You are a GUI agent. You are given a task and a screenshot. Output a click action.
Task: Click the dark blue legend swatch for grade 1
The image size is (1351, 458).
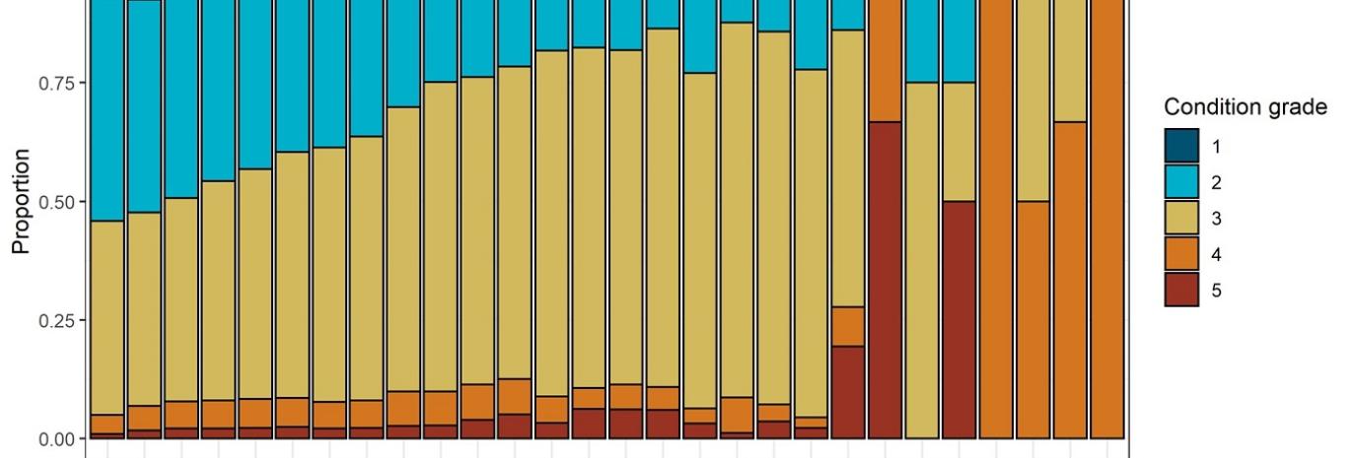click(x=1181, y=147)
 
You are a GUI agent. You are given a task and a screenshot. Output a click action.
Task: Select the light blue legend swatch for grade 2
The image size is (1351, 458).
click(x=1181, y=182)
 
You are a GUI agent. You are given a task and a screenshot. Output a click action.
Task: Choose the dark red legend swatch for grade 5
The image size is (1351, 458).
click(x=1181, y=290)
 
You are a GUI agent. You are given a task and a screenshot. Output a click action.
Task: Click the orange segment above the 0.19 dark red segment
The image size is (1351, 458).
click(x=848, y=326)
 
